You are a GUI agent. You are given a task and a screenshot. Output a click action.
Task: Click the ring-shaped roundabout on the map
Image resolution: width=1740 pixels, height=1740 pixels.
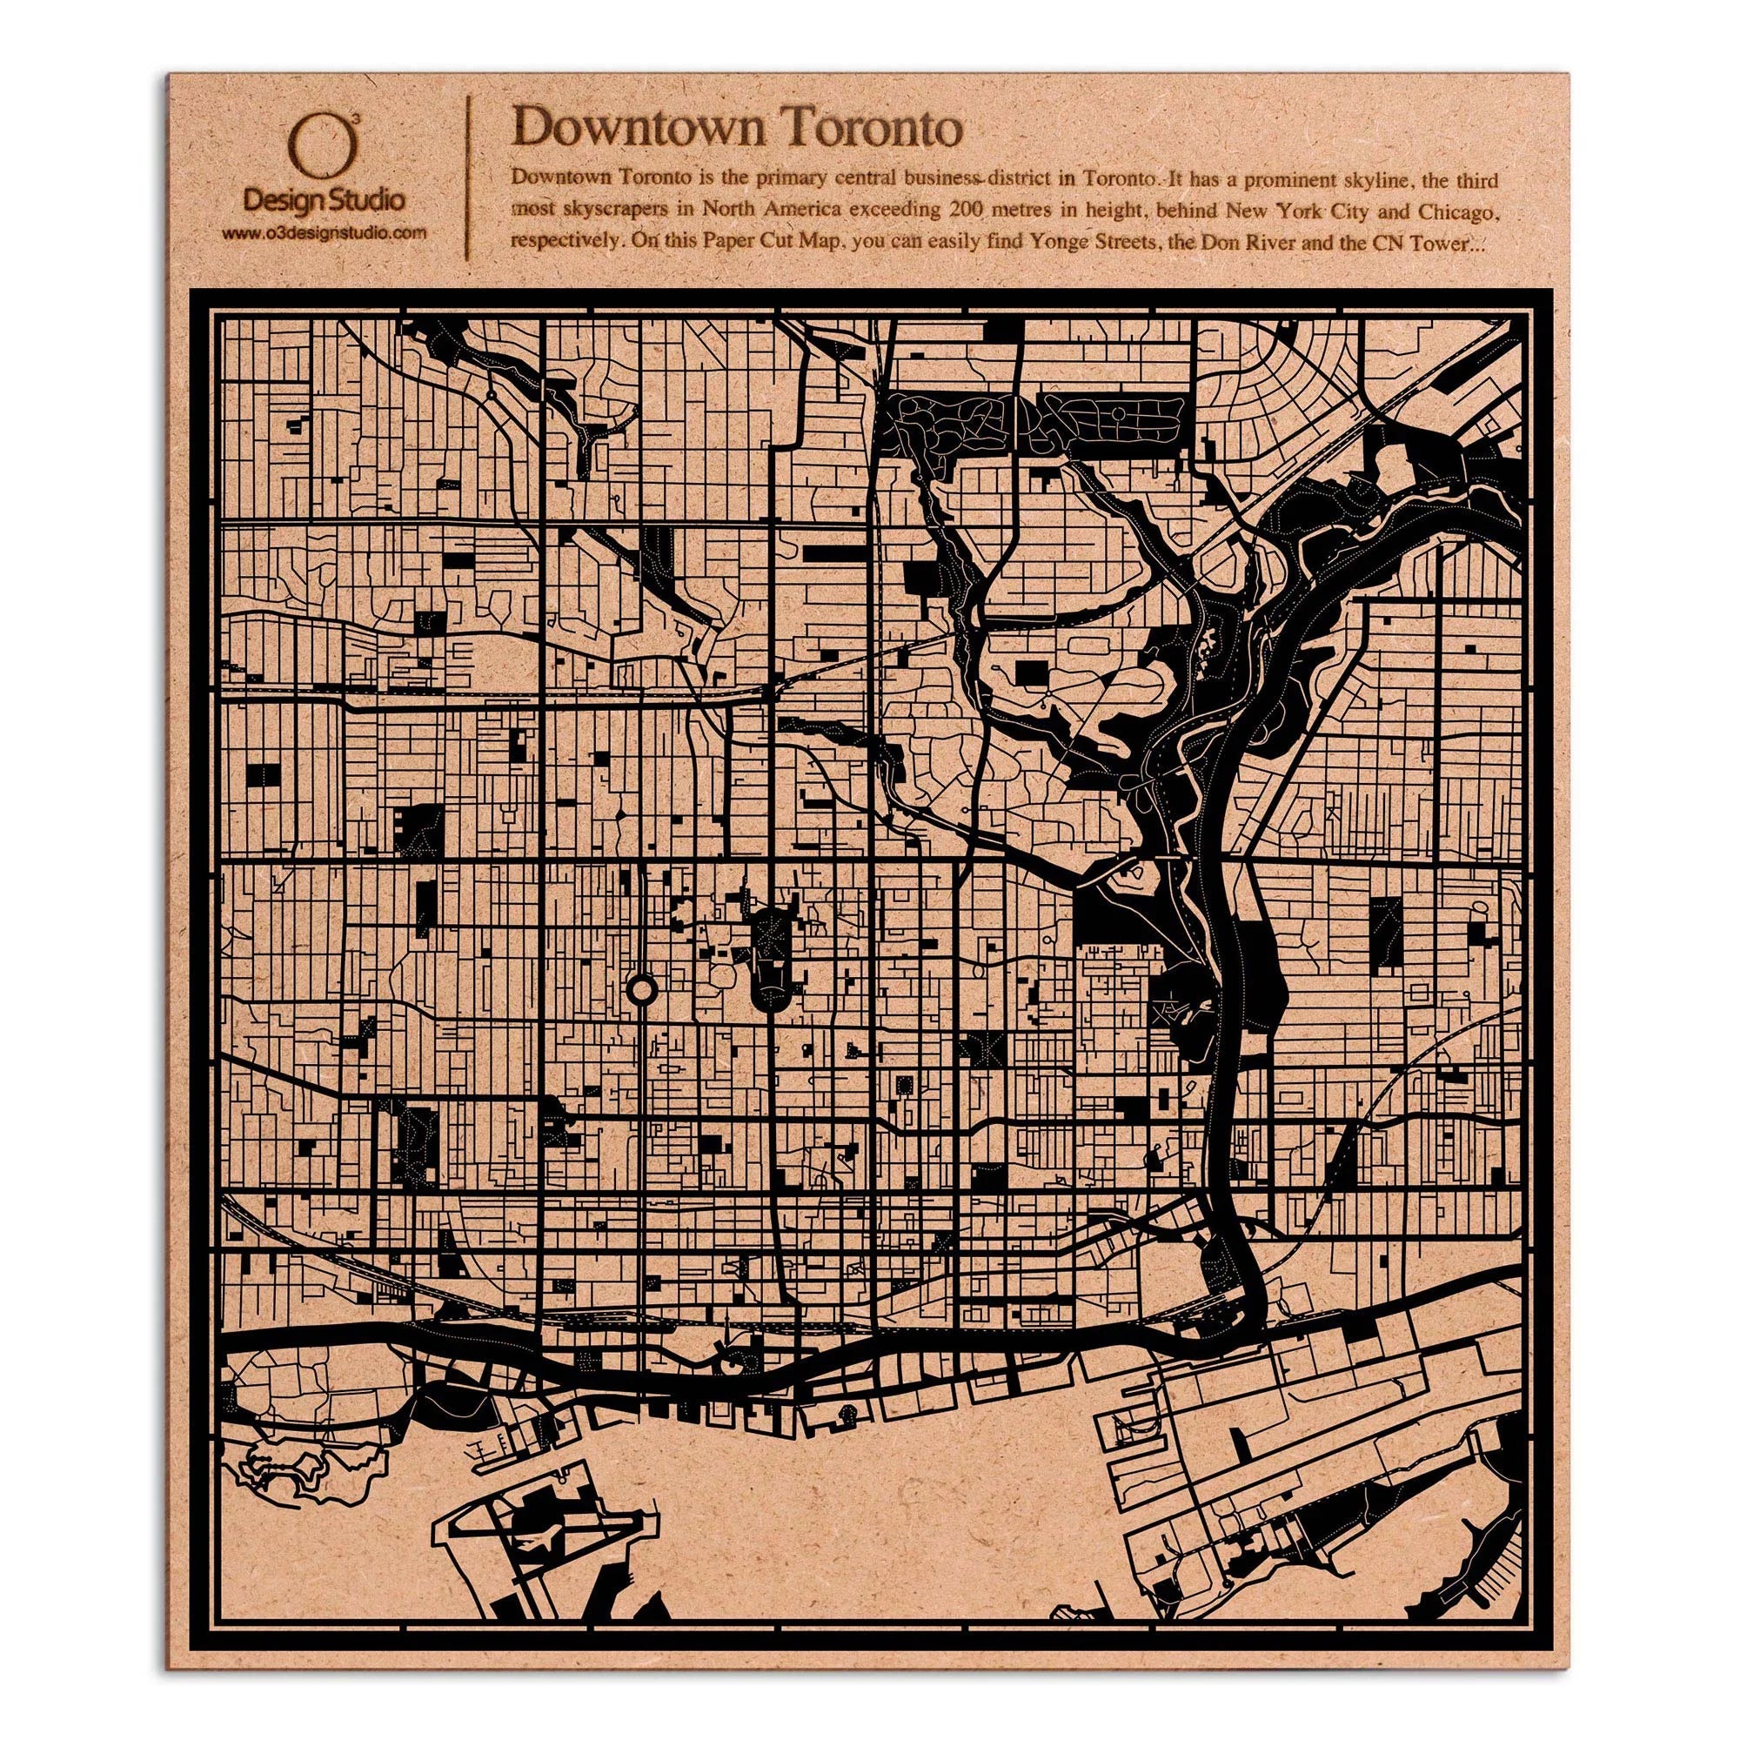(x=640, y=992)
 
